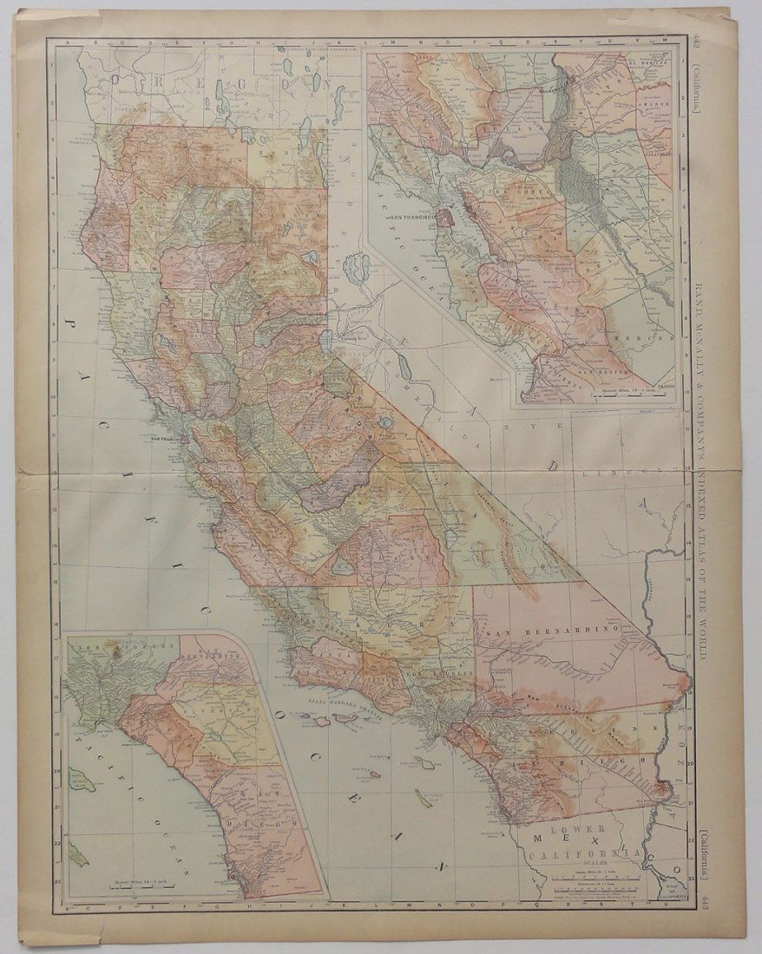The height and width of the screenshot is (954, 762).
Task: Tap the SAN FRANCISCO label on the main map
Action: click(x=168, y=440)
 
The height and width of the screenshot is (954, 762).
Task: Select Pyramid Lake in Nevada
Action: click(x=357, y=270)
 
